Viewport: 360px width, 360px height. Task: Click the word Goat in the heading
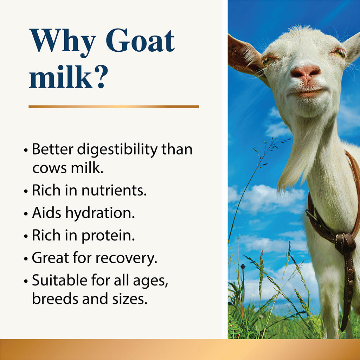click(140, 41)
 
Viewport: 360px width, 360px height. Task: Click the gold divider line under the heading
click(114, 106)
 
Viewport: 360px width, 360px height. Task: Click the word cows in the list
click(48, 168)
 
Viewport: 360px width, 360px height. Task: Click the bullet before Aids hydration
click(26, 214)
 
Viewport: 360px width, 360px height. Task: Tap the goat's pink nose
click(305, 72)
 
